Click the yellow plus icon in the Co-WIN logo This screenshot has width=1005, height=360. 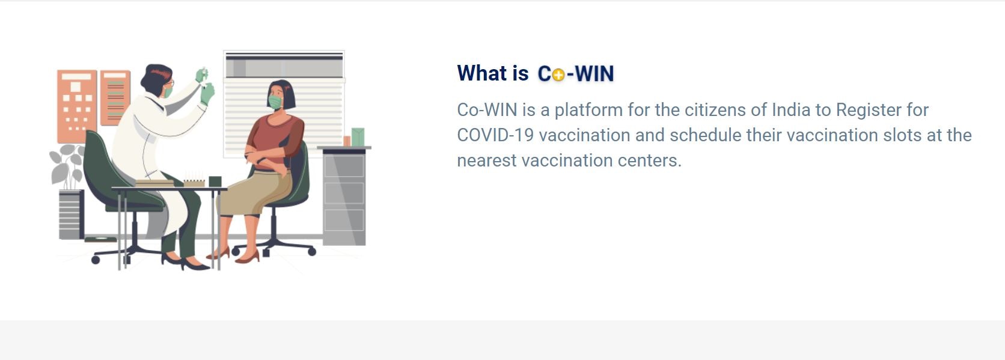coord(558,75)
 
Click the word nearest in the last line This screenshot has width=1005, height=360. coord(486,160)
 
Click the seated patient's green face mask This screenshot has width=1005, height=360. coord(275,102)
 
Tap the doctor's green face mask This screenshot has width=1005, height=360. coord(167,92)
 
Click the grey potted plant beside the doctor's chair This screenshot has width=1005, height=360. coord(67,165)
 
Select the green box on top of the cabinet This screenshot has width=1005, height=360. coord(358,137)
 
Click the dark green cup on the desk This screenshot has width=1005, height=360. coord(215,181)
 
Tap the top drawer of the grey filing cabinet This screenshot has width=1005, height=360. coord(344,166)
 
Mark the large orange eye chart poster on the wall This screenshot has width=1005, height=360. coord(76,105)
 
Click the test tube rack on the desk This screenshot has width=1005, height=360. coord(194,182)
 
